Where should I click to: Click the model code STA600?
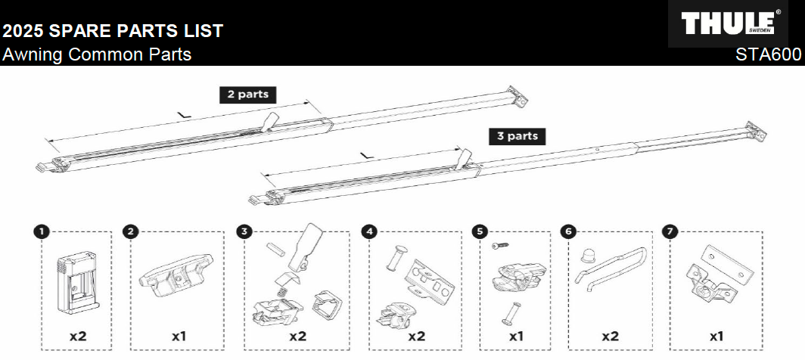click(769, 55)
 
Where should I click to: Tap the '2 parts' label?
click(247, 95)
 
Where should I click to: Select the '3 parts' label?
click(517, 136)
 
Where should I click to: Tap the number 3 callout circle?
click(243, 231)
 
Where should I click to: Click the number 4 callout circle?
click(368, 231)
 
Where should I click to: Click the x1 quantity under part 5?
click(517, 334)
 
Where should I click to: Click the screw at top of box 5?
click(500, 246)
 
